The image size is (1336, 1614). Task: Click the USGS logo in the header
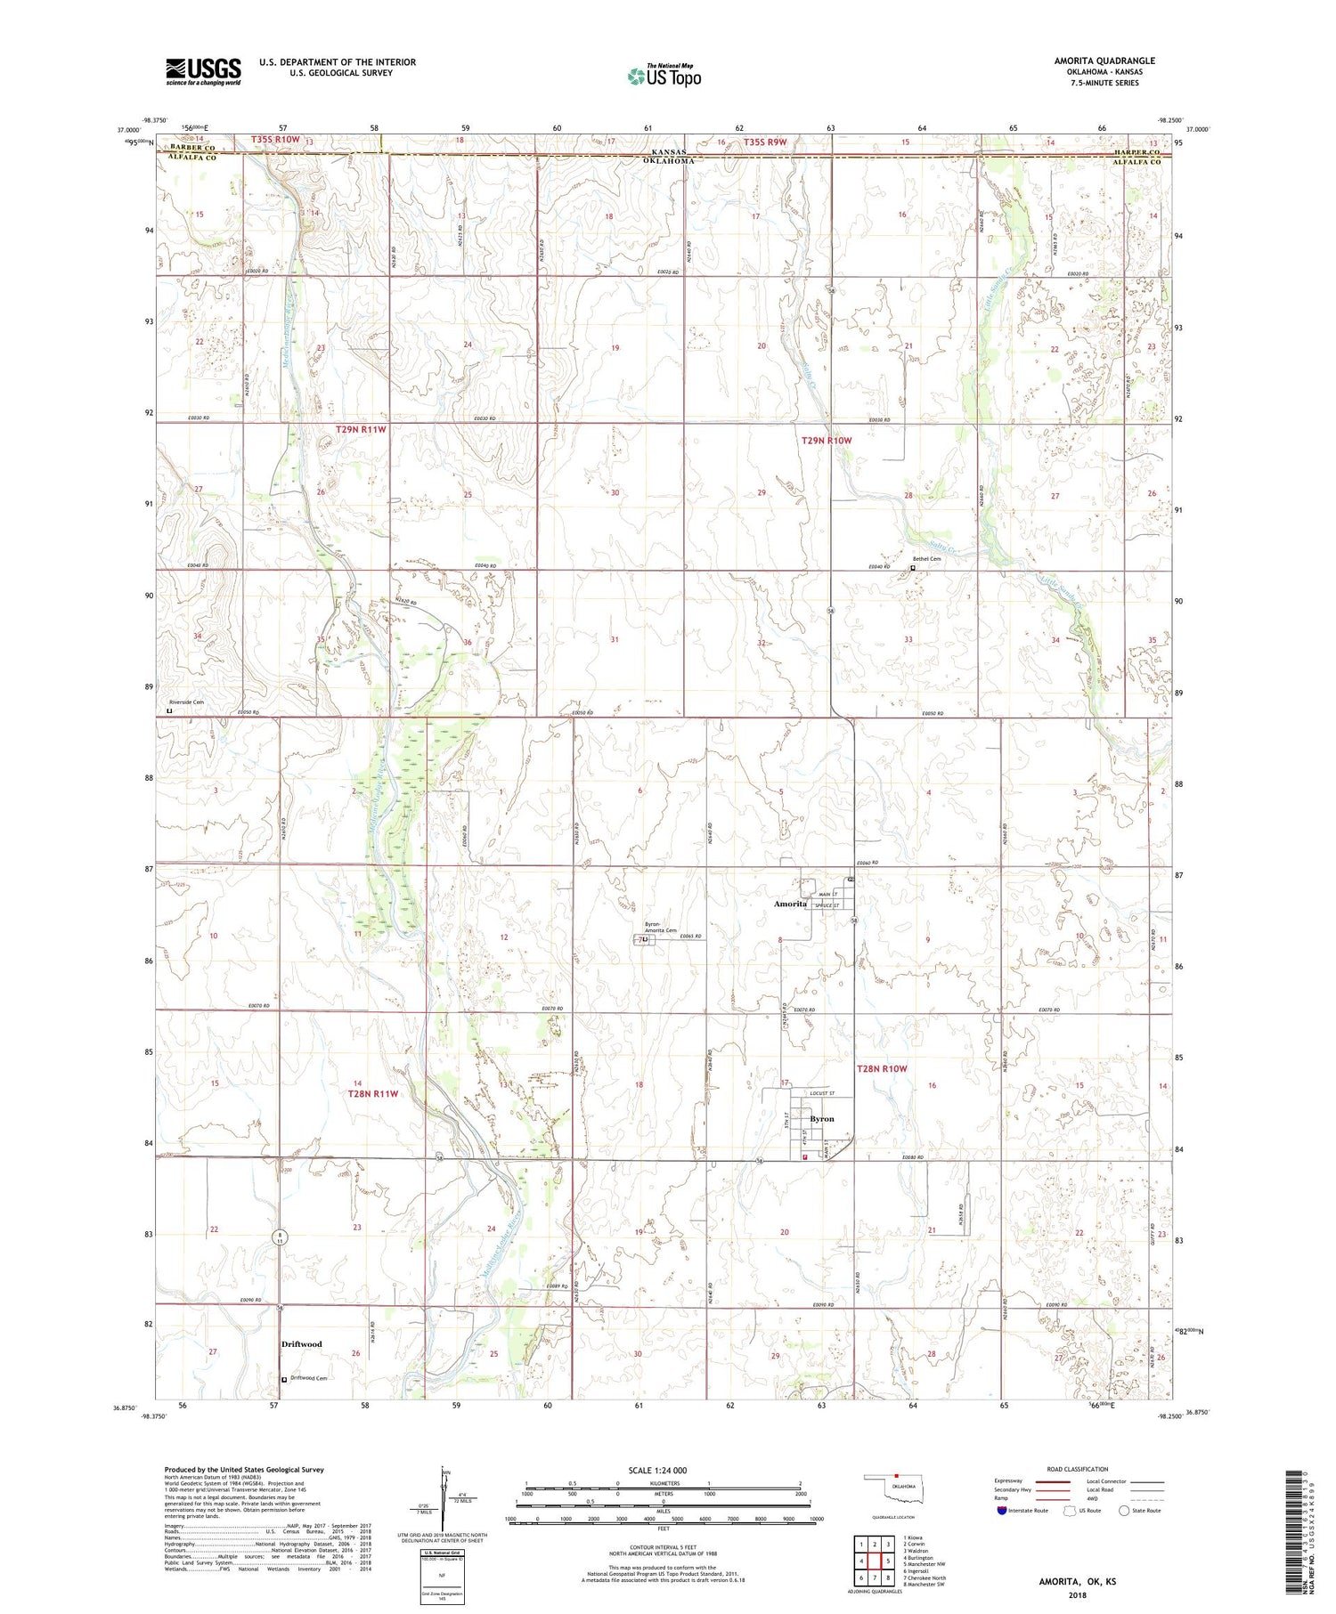click(x=203, y=71)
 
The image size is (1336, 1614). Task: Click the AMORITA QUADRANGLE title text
click(x=1104, y=61)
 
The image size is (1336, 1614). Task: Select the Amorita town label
click(x=790, y=904)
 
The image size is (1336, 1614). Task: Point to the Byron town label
click(x=821, y=1119)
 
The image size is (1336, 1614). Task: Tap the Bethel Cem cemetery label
click(x=926, y=559)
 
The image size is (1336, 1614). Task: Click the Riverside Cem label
click(x=187, y=702)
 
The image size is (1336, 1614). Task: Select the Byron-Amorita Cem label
click(x=661, y=929)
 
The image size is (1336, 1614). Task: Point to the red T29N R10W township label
click(x=826, y=441)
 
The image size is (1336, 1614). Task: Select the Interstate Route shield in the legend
click(x=1004, y=1511)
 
